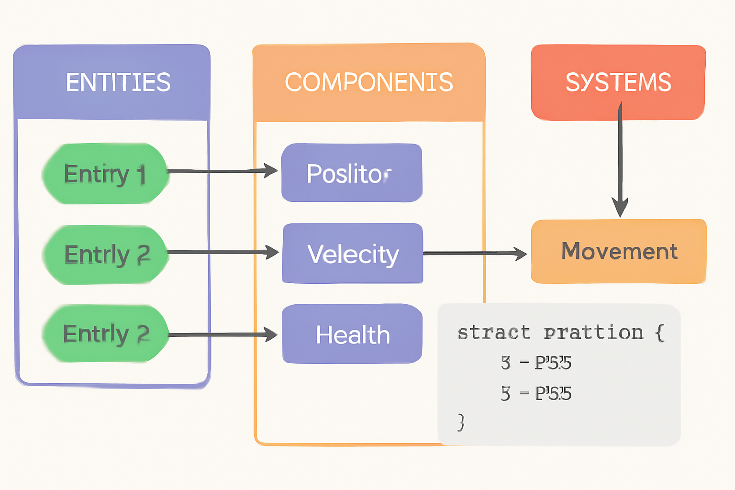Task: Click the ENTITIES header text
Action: pos(118,82)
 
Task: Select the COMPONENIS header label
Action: pos(368,82)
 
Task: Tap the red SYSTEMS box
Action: pos(618,82)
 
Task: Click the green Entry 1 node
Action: pos(105,174)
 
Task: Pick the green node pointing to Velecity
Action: pos(106,254)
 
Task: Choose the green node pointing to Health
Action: pos(106,334)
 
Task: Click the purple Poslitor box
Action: pos(352,173)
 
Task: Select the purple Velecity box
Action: pos(353,254)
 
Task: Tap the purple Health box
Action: pos(352,334)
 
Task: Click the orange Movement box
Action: pos(619,251)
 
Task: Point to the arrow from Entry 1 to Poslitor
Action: pos(220,171)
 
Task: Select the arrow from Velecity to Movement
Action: pos(474,254)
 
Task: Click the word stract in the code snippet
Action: pos(493,332)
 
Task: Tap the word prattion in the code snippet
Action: pos(593,332)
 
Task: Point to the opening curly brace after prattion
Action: pos(660,332)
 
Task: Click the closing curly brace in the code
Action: pos(460,422)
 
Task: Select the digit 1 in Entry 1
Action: pos(141,175)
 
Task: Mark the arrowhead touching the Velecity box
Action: pos(272,252)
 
